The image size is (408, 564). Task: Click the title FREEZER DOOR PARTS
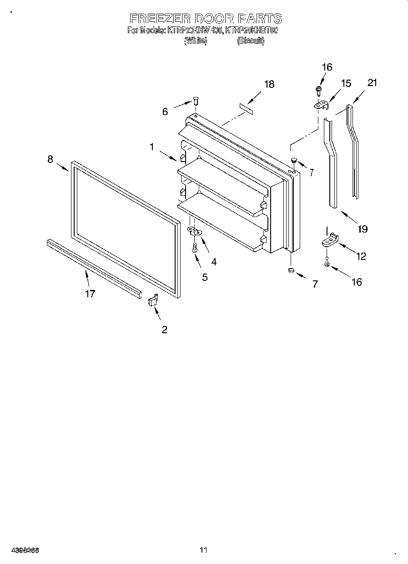[x=206, y=19]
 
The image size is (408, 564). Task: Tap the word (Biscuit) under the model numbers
[x=250, y=41]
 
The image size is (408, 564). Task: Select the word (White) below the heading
[x=196, y=41]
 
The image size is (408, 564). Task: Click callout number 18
[x=269, y=84]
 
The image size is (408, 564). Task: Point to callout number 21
[x=373, y=83]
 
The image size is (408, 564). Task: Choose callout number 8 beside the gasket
[x=50, y=159]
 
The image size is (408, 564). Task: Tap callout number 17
[x=90, y=294]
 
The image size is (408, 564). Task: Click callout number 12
[x=361, y=256]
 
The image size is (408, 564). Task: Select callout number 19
[x=363, y=229]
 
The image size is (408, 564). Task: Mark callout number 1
[x=152, y=147]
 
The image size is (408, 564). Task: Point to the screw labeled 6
[x=196, y=101]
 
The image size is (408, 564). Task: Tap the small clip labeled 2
[x=152, y=301]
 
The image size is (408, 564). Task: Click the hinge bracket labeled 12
[x=330, y=240]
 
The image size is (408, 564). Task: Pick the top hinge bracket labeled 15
[x=322, y=105]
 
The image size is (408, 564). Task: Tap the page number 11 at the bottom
[x=203, y=550]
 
